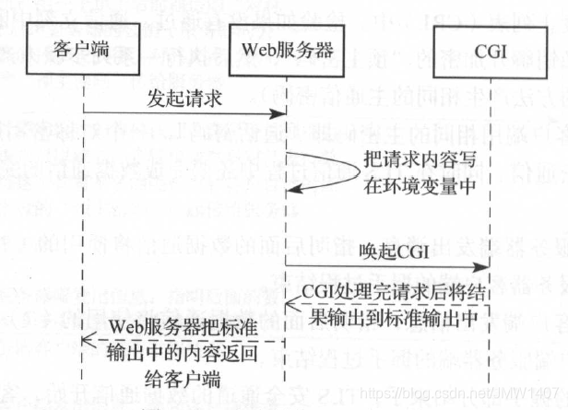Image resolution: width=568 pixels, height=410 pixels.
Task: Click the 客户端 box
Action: click(82, 47)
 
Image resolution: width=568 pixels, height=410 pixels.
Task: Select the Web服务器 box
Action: click(285, 47)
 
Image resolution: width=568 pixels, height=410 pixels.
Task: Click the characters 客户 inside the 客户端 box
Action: click(74, 47)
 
